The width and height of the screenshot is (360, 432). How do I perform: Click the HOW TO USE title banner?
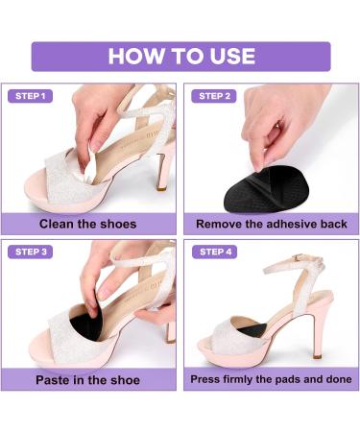click(x=180, y=56)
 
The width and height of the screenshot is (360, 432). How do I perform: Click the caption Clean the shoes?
click(x=88, y=224)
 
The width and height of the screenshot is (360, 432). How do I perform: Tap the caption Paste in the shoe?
click(x=88, y=378)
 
